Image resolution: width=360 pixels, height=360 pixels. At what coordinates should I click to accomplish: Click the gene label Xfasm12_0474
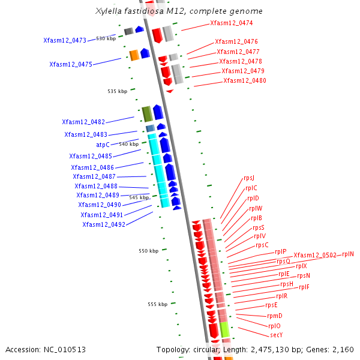(231, 23)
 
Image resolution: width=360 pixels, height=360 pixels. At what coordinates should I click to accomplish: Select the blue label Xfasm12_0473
(65, 41)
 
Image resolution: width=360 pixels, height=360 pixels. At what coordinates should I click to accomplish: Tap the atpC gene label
(103, 145)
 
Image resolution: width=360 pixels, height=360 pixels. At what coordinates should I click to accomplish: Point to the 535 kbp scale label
(118, 91)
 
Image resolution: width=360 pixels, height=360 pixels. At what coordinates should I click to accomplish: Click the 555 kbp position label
(158, 304)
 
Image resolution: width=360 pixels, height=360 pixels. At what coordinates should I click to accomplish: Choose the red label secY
(276, 335)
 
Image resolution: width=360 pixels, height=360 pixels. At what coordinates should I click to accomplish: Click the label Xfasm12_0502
(315, 255)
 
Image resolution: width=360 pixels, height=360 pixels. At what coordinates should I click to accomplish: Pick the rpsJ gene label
(249, 178)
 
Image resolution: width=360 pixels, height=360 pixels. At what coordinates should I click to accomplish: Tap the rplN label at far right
(348, 254)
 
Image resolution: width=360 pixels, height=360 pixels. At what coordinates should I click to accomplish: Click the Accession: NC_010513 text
(46, 349)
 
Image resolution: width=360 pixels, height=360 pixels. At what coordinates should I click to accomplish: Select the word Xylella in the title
(109, 11)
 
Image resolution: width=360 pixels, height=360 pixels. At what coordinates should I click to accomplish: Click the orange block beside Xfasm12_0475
(134, 55)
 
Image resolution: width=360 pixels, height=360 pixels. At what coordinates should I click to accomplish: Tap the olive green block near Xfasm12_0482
(146, 113)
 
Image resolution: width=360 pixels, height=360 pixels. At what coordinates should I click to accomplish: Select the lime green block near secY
(224, 329)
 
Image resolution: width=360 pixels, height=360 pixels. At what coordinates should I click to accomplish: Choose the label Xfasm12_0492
(104, 224)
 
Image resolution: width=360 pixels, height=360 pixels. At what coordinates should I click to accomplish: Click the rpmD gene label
(274, 316)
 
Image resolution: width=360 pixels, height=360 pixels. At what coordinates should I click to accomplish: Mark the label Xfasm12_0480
(245, 81)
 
